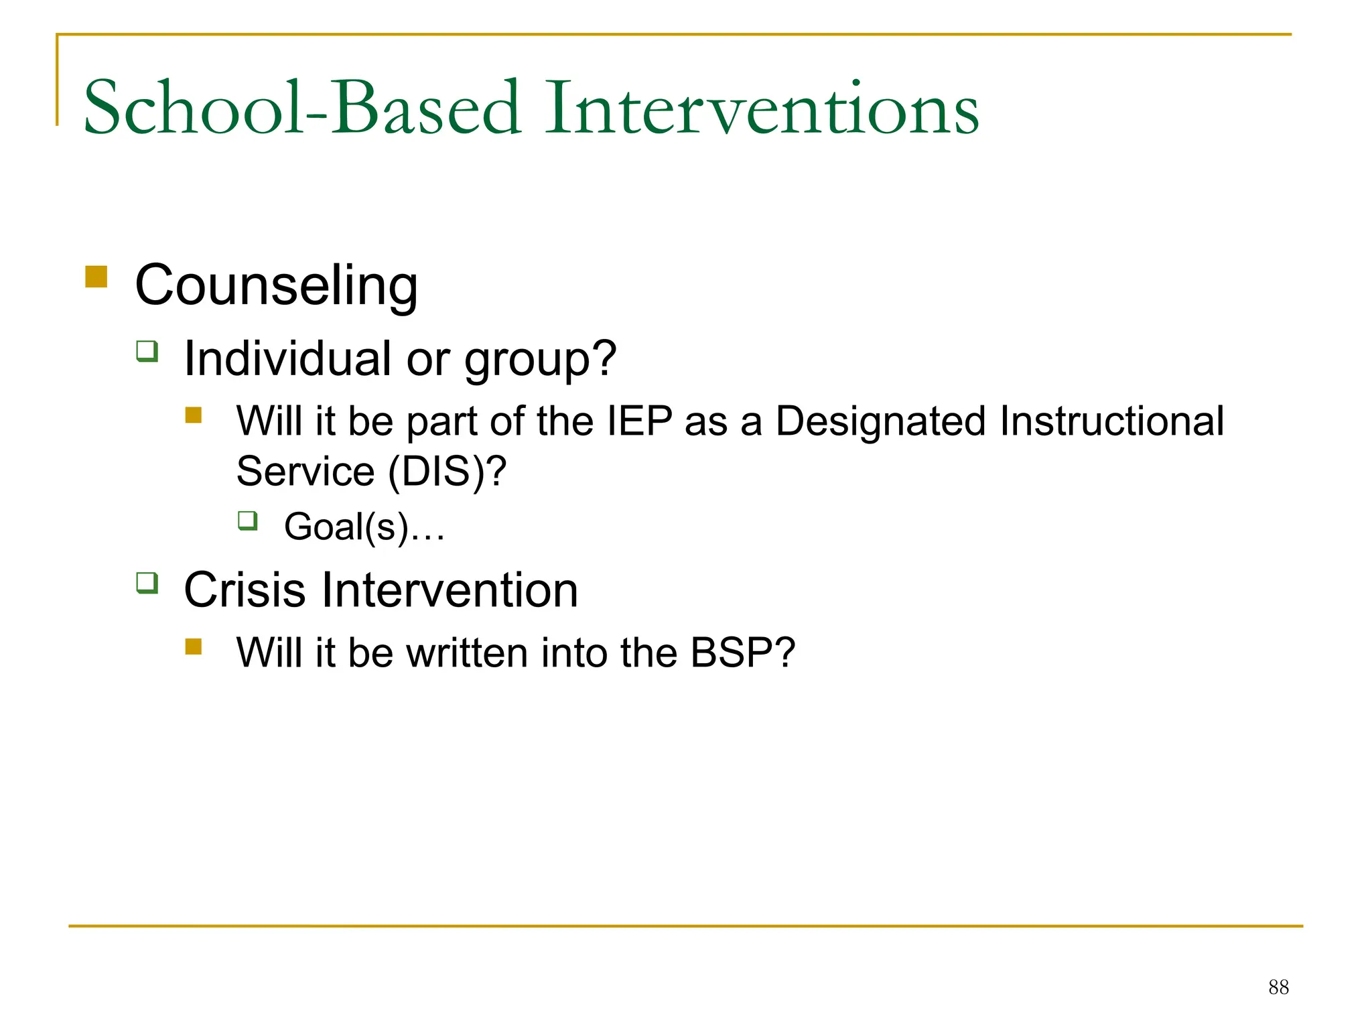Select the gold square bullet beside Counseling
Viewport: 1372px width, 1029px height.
pyautogui.click(x=96, y=276)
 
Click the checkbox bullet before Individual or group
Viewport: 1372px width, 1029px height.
pyautogui.click(x=147, y=351)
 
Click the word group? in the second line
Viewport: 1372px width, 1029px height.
pyautogui.click(x=540, y=360)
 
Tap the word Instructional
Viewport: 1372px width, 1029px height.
pyautogui.click(x=1111, y=421)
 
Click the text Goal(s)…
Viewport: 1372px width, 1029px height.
pyautogui.click(x=364, y=527)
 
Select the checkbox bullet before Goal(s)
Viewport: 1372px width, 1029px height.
pyautogui.click(x=247, y=521)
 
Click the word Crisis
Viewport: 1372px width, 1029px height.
pyautogui.click(x=245, y=590)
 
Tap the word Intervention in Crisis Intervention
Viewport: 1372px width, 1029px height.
pyautogui.click(x=449, y=590)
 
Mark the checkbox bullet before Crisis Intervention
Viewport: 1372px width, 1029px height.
pyautogui.click(x=147, y=583)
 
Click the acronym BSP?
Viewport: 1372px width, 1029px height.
pyautogui.click(x=742, y=653)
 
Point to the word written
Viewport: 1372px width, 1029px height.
pyautogui.click(x=467, y=653)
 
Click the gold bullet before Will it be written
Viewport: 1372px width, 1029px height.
pyautogui.click(x=194, y=646)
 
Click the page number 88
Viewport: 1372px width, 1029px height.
pyautogui.click(x=1278, y=987)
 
